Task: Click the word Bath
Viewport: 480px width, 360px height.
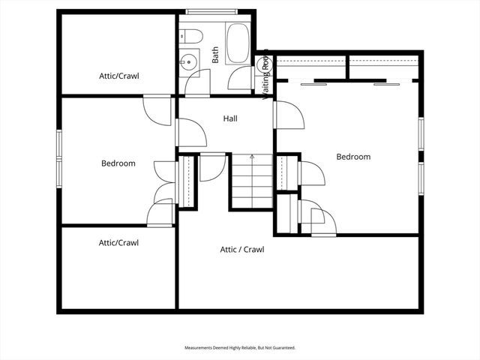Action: (x=215, y=55)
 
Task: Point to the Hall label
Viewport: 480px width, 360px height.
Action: (x=231, y=118)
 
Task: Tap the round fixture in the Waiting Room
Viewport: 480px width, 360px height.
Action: (x=263, y=65)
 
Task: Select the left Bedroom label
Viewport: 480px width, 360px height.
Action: (x=118, y=163)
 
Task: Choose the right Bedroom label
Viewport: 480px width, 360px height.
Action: (x=353, y=157)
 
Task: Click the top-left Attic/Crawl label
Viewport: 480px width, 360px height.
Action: (x=119, y=76)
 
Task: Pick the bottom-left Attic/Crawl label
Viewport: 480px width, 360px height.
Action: (x=118, y=242)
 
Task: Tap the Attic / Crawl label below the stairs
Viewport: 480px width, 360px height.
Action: (x=242, y=250)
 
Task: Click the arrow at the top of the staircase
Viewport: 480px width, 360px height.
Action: (x=252, y=157)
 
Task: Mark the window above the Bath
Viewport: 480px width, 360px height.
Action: (x=212, y=11)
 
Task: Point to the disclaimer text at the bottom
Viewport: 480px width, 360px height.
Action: (x=240, y=348)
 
